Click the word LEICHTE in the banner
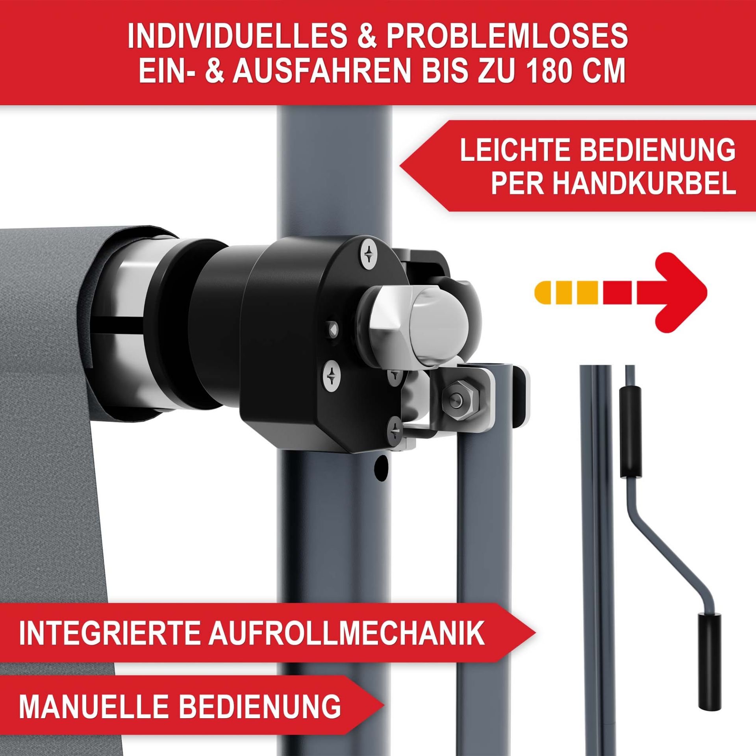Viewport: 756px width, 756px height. (x=517, y=150)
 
